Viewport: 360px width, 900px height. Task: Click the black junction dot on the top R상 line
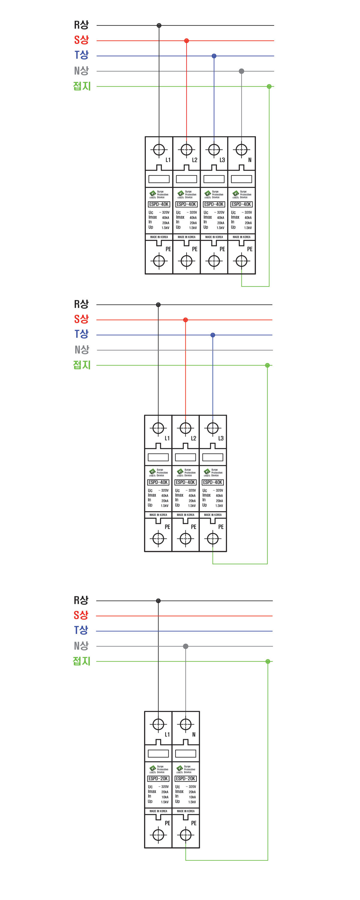159,25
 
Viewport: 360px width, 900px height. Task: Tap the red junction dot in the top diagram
186,41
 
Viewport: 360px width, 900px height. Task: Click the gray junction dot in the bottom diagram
186,646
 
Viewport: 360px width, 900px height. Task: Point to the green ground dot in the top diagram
269,86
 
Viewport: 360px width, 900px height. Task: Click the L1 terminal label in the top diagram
168,160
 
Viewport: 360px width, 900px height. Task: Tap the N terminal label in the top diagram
250,160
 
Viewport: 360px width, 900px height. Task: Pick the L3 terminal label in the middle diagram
220,438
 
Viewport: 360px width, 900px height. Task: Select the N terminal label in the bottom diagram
193,734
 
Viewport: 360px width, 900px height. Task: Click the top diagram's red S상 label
81,40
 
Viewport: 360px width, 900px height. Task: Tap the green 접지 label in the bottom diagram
81,661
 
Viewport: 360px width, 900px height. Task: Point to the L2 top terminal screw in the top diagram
186,150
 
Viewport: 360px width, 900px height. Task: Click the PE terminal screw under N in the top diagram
241,261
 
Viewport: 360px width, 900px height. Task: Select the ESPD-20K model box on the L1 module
158,778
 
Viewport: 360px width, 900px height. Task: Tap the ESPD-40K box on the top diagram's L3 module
214,204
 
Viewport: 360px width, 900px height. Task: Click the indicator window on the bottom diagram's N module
186,754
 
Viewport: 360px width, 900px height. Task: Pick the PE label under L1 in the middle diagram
167,527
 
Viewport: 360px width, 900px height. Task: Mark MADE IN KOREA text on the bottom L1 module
158,811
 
